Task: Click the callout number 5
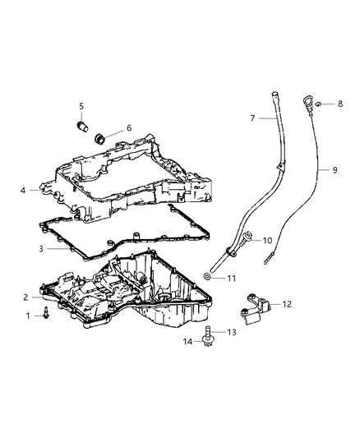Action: coord(81,106)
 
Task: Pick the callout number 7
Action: coord(253,118)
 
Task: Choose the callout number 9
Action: coord(335,170)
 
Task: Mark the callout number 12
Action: coord(286,304)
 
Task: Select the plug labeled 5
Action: coord(81,127)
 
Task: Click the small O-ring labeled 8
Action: coord(305,104)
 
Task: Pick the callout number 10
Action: coord(267,240)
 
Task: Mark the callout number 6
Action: coord(128,128)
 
